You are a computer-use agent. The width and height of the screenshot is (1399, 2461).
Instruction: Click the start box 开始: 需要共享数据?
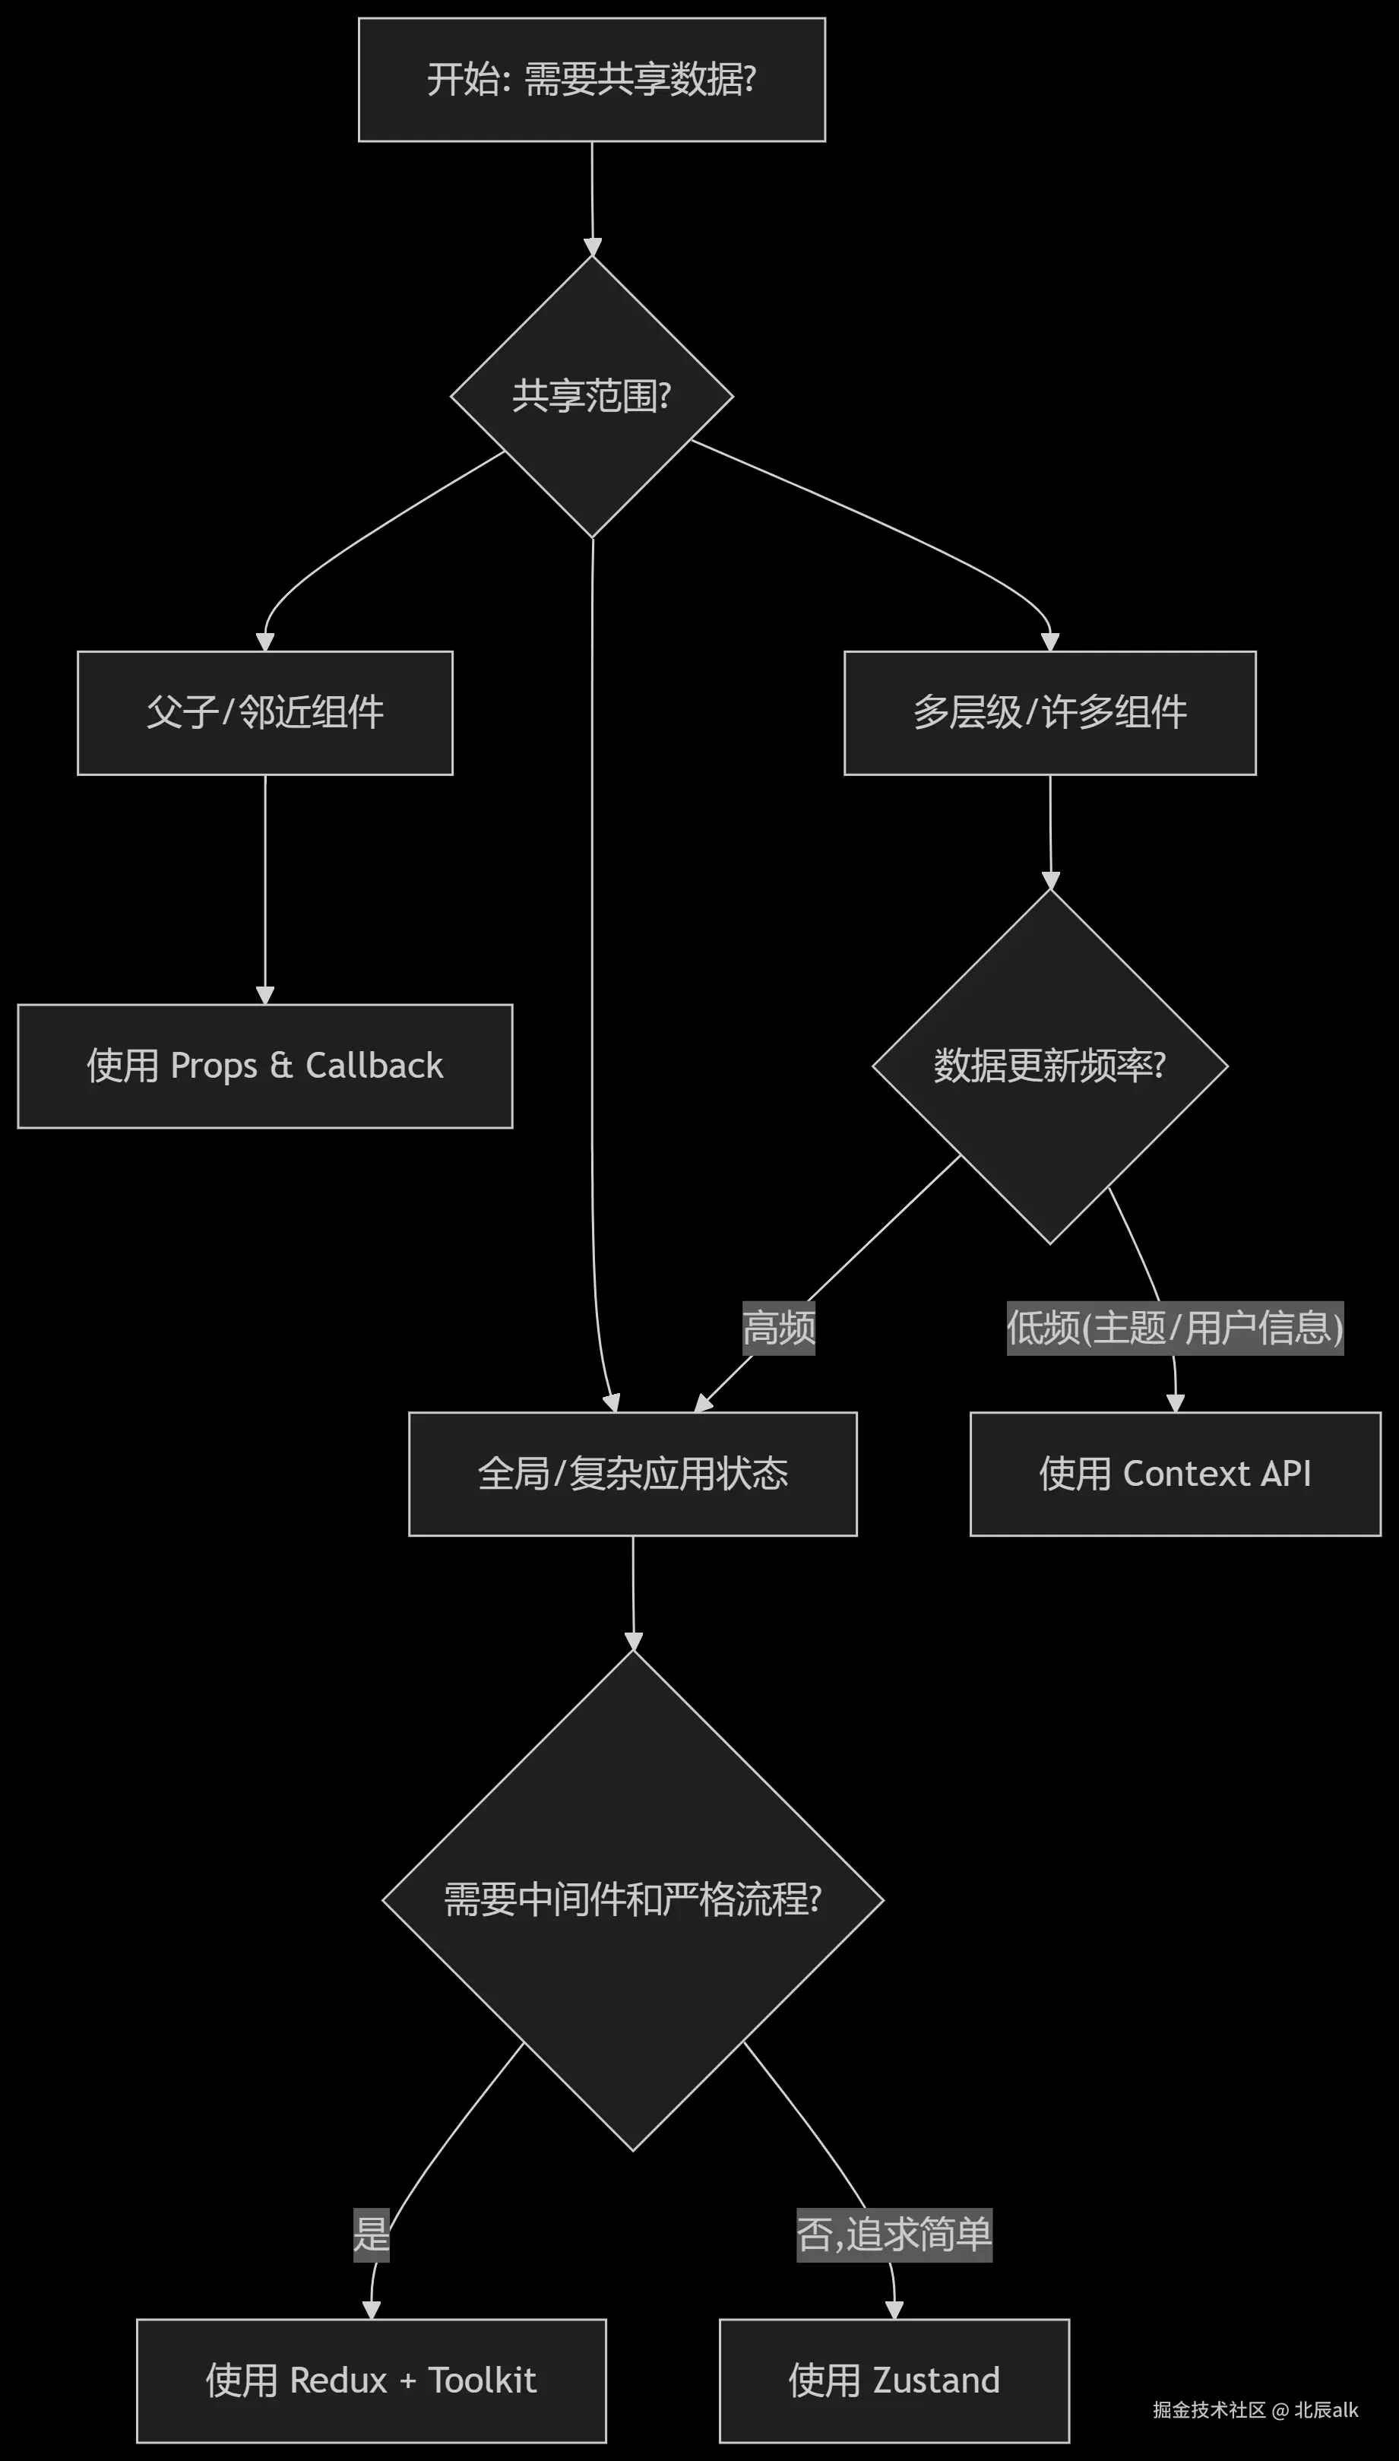592,80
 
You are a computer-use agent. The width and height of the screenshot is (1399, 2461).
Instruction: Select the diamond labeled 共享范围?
592,396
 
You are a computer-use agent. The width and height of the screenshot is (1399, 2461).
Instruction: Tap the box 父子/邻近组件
265,713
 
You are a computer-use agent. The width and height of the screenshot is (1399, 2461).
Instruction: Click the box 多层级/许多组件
1050,713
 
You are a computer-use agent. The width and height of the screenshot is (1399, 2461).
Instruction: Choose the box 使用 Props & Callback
265,1066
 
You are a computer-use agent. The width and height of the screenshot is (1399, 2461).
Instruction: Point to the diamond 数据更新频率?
1050,1066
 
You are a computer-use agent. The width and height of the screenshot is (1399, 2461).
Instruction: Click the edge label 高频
779,1328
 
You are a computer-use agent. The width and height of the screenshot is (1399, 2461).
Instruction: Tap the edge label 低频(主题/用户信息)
1175,1328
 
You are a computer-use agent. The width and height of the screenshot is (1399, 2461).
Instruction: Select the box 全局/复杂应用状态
633,1474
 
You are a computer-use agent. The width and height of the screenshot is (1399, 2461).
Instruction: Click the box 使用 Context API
1175,1474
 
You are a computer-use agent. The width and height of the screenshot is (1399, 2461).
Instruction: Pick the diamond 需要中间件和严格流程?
633,1900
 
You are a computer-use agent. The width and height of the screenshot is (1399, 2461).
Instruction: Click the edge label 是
372,2235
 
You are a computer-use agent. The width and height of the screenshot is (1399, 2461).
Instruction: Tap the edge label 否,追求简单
894,2235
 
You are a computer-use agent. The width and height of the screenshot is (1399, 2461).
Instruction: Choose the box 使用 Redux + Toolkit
372,2380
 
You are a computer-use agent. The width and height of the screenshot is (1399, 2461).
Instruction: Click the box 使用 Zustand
894,2380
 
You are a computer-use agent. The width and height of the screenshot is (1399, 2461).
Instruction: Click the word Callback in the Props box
375,1066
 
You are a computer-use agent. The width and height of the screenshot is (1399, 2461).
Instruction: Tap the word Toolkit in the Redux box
483,2380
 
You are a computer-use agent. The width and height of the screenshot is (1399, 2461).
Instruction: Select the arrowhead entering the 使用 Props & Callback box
265,996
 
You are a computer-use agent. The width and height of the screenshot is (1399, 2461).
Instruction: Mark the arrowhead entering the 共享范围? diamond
593,247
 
